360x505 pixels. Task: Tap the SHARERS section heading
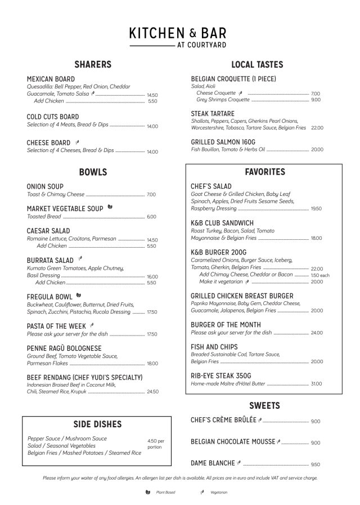[93, 64]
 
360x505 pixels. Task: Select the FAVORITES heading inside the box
[264, 172]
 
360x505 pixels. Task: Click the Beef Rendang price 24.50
[152, 392]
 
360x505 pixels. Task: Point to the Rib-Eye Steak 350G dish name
[220, 376]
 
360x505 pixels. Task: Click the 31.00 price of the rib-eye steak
[317, 384]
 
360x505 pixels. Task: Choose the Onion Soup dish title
[45, 186]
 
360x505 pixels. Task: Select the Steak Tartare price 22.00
[317, 128]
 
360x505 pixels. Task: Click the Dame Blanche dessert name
[213, 463]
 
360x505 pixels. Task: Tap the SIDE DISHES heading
[97, 424]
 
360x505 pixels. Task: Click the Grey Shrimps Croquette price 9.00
[316, 100]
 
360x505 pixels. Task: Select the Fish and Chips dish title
[216, 347]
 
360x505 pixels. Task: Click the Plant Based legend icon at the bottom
[148, 492]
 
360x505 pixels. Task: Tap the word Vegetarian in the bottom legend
[219, 493]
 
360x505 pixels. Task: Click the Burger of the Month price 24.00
[317, 333]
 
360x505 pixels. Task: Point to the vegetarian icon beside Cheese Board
[78, 142]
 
